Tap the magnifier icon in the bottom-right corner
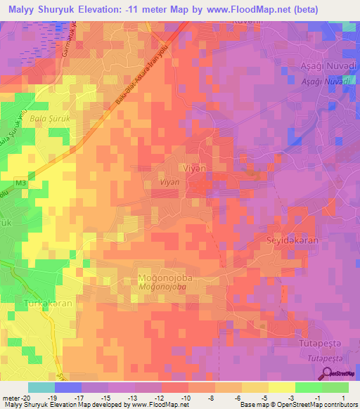click(328, 374)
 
